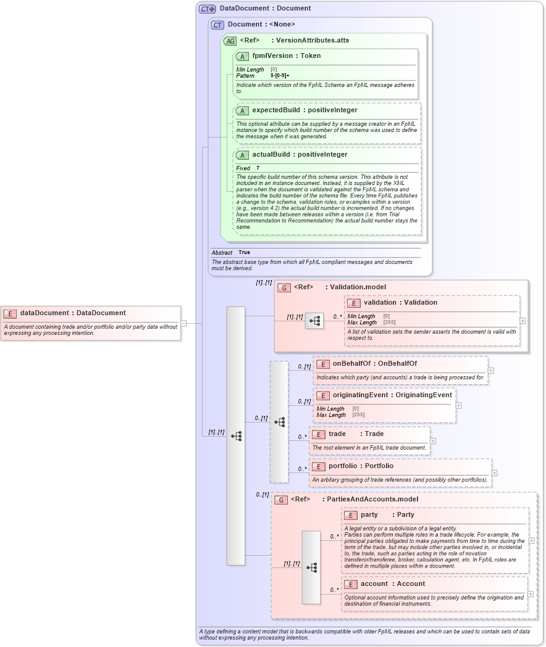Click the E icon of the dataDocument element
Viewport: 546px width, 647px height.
(x=10, y=313)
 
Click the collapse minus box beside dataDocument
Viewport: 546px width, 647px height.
(x=183, y=323)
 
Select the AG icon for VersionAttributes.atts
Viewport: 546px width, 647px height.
(x=230, y=41)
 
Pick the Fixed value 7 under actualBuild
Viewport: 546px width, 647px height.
(x=258, y=168)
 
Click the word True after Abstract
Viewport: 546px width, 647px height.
(x=244, y=252)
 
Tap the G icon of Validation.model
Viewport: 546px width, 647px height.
(x=284, y=287)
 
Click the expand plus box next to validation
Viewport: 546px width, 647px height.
(x=523, y=321)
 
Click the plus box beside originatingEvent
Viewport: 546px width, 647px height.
(x=459, y=405)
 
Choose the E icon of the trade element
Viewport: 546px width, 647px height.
(x=318, y=434)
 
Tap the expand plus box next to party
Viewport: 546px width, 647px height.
(x=531, y=540)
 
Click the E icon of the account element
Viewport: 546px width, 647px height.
(x=350, y=584)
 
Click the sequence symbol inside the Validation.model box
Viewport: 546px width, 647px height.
(x=314, y=321)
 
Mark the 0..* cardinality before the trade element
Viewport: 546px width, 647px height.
(x=302, y=437)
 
